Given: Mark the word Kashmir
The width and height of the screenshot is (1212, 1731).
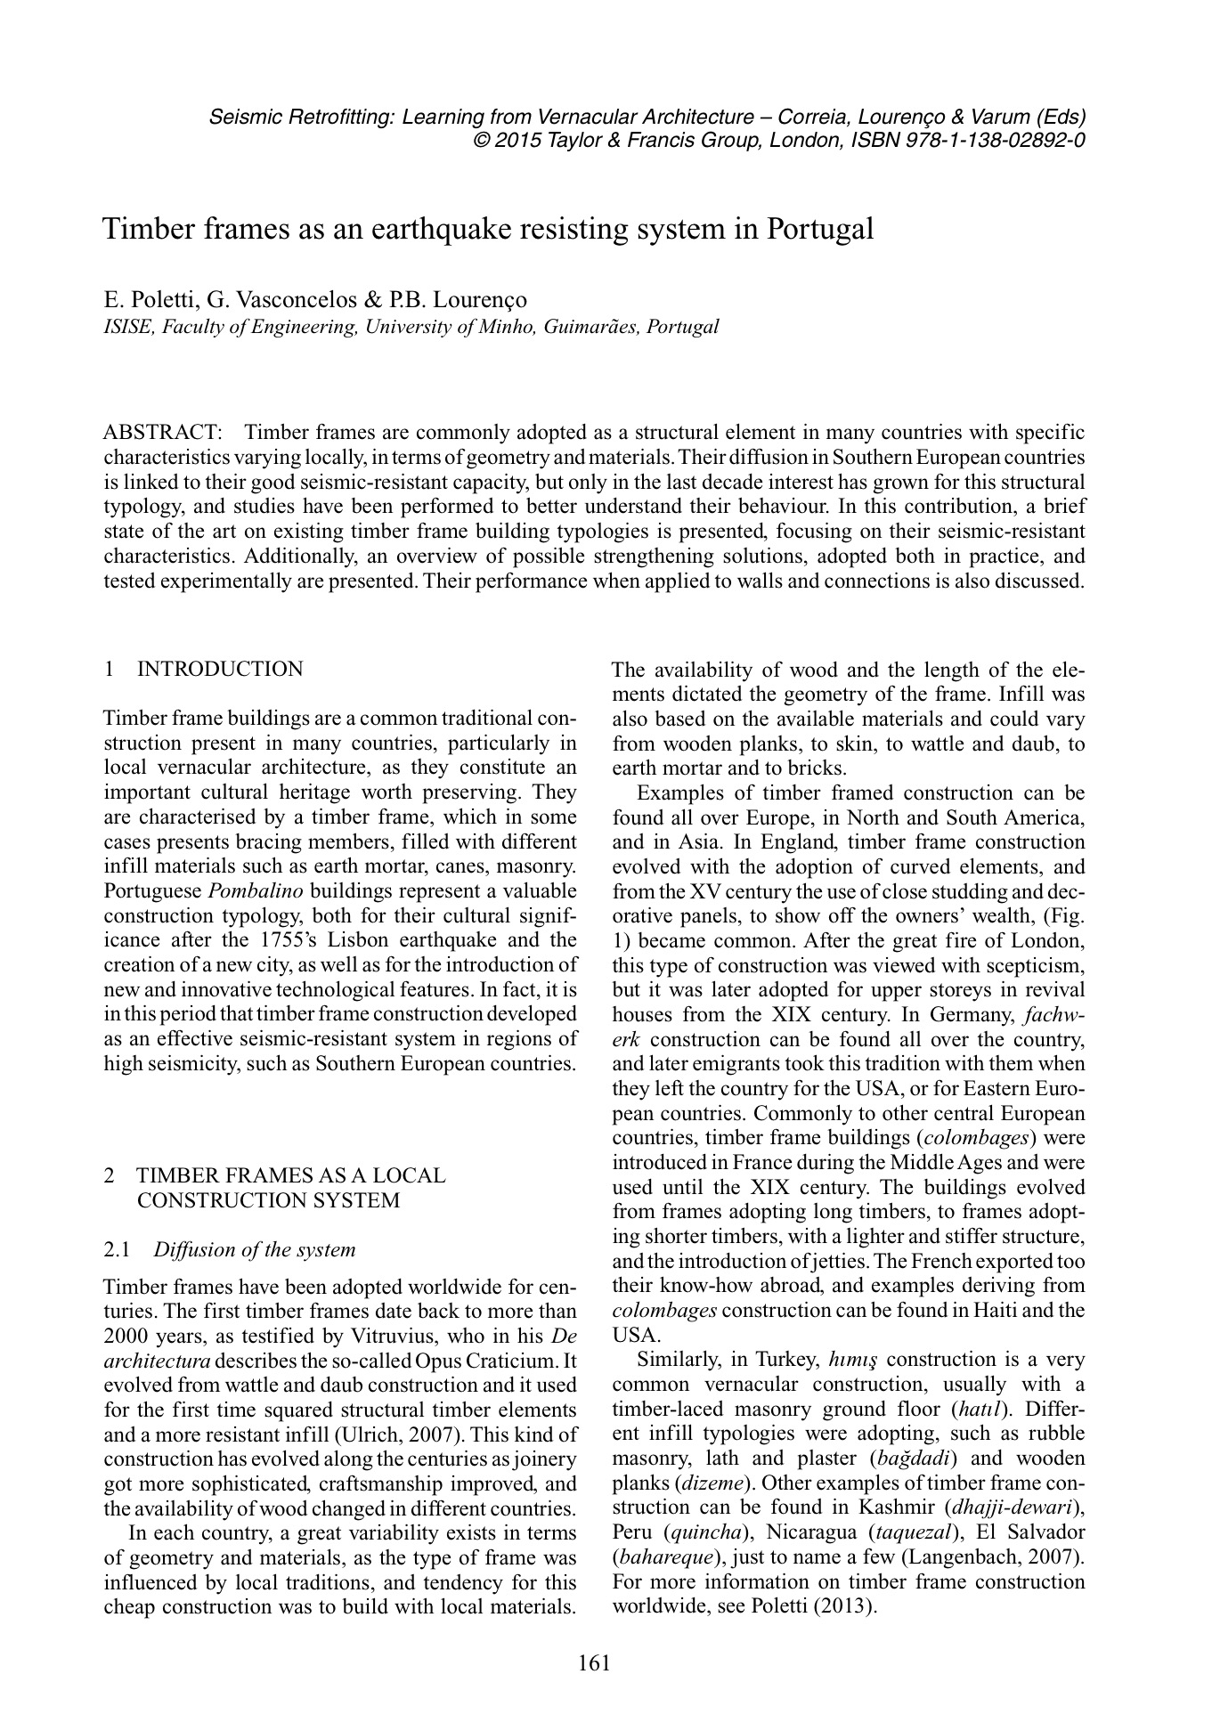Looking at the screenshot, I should [894, 1508].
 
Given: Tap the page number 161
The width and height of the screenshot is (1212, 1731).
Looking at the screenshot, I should [594, 1662].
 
